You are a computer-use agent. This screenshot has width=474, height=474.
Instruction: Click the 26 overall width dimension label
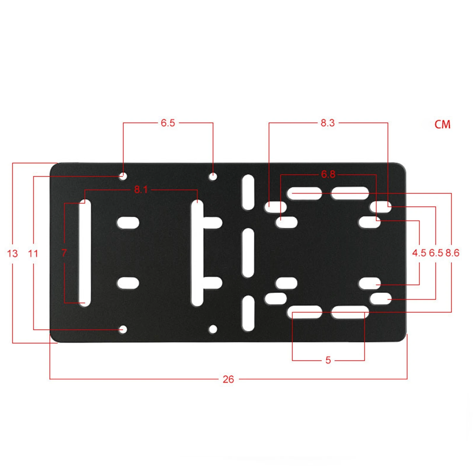(x=228, y=379)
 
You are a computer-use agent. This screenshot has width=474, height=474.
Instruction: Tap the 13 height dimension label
(x=12, y=254)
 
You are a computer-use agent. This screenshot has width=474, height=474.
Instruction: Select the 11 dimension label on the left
(x=33, y=254)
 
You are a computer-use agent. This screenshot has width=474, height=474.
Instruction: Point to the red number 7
(x=64, y=253)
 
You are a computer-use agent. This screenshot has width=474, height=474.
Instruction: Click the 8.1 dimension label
(x=141, y=190)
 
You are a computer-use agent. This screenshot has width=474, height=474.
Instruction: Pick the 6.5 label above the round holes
(x=168, y=123)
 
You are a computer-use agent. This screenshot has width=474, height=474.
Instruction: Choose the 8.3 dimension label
(x=328, y=123)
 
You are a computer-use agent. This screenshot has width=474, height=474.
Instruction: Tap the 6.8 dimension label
(x=328, y=174)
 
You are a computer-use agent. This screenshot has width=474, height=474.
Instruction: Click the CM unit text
(x=442, y=124)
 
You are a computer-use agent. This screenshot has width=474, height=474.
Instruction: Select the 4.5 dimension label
(x=419, y=253)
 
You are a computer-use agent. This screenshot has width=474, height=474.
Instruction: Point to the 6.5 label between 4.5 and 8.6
(x=436, y=253)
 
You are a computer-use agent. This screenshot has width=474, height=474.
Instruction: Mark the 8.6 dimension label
(x=452, y=253)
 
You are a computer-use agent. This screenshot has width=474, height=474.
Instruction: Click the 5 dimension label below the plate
(x=328, y=360)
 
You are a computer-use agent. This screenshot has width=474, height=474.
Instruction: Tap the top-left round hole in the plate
(x=123, y=177)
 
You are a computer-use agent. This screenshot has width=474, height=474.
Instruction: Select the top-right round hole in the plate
(x=213, y=177)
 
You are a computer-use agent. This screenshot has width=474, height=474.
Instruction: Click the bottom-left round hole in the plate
(x=123, y=329)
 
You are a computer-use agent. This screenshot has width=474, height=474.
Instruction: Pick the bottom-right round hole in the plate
(x=213, y=329)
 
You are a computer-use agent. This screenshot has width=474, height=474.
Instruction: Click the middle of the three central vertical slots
(x=248, y=253)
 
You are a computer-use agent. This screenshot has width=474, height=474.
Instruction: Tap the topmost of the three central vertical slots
(x=248, y=192)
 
